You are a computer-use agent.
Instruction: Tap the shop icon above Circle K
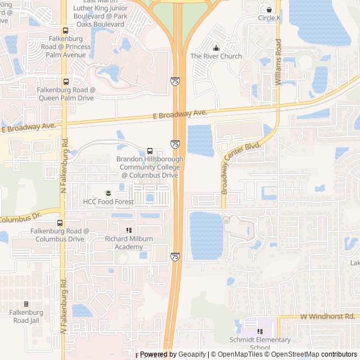(x=269, y=10)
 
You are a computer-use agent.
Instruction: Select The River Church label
(x=216, y=56)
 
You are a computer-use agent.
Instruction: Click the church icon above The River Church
(x=216, y=48)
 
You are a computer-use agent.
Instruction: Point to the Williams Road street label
(x=278, y=62)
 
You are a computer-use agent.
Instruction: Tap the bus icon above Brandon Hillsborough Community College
(x=150, y=151)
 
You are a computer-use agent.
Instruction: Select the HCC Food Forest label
(x=109, y=201)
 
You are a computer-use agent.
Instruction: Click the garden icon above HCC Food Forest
(x=109, y=193)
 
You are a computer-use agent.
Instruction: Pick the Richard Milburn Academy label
(x=129, y=242)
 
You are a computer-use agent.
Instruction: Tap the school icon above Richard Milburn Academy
(x=129, y=230)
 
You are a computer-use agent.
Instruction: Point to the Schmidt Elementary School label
(x=260, y=343)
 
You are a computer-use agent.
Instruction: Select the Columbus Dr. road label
(x=21, y=217)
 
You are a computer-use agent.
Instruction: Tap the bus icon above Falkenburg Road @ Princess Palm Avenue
(x=66, y=31)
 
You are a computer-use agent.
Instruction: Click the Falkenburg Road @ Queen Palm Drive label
(x=66, y=94)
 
